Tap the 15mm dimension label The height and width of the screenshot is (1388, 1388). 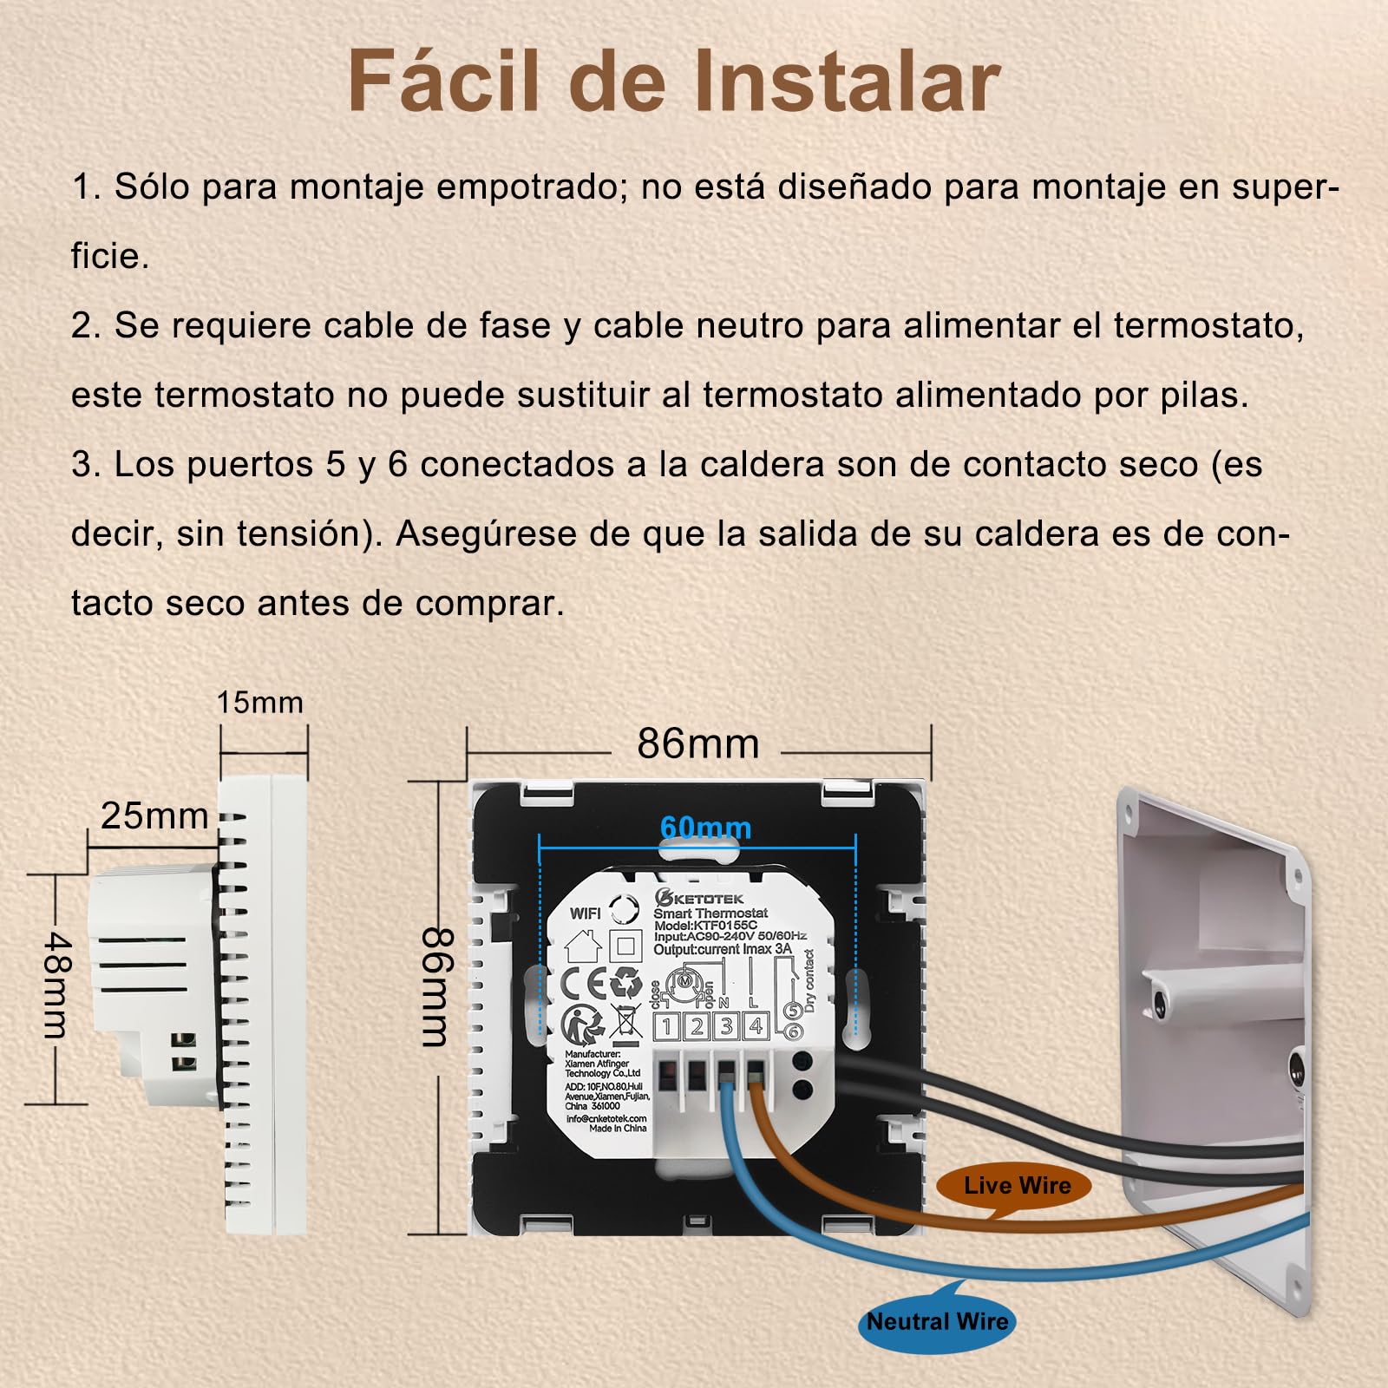click(260, 703)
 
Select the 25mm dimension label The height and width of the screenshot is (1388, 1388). click(154, 816)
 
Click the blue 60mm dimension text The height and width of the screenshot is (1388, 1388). click(705, 828)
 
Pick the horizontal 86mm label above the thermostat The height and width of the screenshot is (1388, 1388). click(698, 744)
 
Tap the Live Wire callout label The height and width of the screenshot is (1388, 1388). click(1017, 1185)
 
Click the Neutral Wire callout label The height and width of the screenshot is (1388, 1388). click(938, 1322)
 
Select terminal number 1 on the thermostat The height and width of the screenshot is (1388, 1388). click(667, 1027)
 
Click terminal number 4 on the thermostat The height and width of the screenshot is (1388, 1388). click(756, 1027)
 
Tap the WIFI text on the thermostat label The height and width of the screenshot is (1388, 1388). click(586, 913)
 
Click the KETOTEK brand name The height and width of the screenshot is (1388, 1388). click(699, 899)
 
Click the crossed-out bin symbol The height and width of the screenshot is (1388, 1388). click(625, 1023)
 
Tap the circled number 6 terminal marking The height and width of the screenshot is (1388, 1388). click(793, 1032)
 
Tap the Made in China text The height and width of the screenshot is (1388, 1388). click(618, 1128)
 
